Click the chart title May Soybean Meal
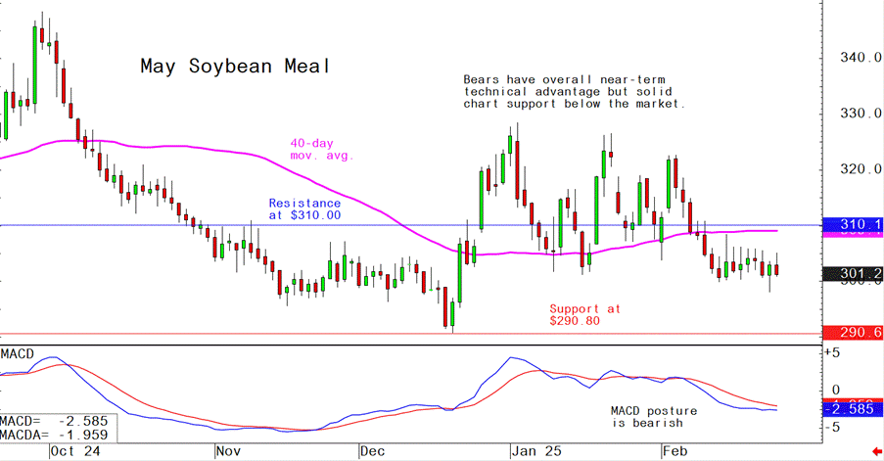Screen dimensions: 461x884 coord(234,67)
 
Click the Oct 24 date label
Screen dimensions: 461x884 coord(75,451)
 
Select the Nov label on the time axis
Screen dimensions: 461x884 coord(227,451)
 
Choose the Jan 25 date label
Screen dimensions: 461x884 coord(535,451)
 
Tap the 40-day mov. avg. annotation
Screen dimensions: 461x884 coord(321,148)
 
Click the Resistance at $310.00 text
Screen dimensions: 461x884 coord(304,208)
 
